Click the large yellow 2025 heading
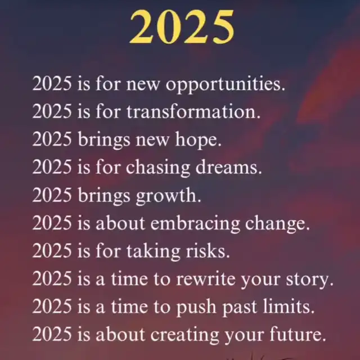(x=182, y=27)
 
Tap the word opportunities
(x=226, y=85)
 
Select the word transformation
(x=193, y=112)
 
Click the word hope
(x=199, y=140)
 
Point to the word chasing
(x=158, y=168)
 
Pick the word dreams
(x=229, y=167)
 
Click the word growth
(x=169, y=196)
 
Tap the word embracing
(x=195, y=224)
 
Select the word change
(x=277, y=224)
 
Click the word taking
(x=154, y=251)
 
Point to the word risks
(x=208, y=251)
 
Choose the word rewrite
(x=206, y=279)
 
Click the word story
(x=310, y=280)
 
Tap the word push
(x=196, y=308)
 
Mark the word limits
(x=289, y=307)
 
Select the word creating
(x=185, y=335)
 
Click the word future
(x=298, y=335)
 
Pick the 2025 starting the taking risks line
(x=52, y=251)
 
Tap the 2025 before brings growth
(x=52, y=195)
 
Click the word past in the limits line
(x=240, y=308)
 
